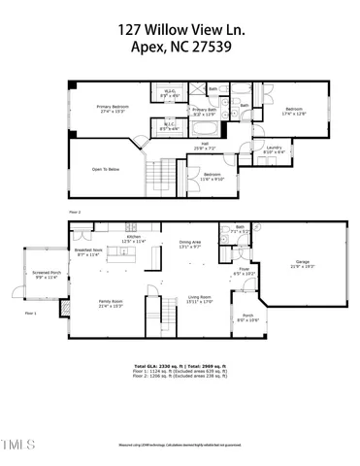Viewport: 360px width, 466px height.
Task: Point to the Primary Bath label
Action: coord(205,110)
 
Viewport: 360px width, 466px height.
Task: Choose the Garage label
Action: coord(302,262)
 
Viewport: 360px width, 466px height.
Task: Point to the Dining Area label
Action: coord(190,243)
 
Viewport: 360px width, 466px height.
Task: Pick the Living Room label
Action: coord(200,297)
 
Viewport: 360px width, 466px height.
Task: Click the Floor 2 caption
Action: coord(75,210)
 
